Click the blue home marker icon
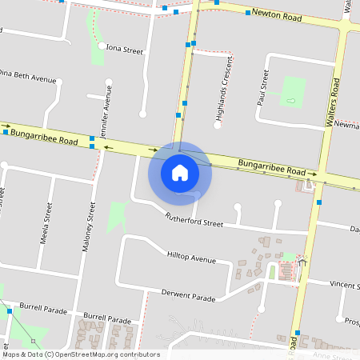click(x=180, y=173)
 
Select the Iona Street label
click(x=124, y=50)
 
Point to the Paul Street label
click(x=261, y=87)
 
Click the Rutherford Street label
click(x=194, y=220)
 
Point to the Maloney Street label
click(x=89, y=228)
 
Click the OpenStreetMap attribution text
click(x=80, y=354)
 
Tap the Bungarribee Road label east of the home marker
click(x=272, y=169)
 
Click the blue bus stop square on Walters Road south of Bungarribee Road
click(x=319, y=202)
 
